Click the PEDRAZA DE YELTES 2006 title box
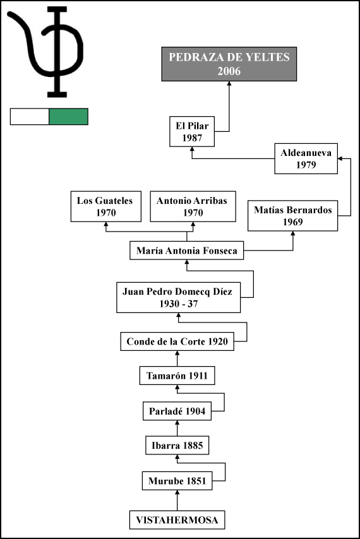click(x=229, y=64)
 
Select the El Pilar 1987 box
click(x=192, y=132)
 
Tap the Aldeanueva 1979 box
click(x=306, y=158)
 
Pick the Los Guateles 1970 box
click(x=106, y=206)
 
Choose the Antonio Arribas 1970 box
click(x=193, y=206)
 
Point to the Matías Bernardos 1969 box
click(x=292, y=215)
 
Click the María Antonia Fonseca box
click(x=187, y=250)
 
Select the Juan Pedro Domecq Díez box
click(x=179, y=297)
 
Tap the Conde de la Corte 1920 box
click(x=177, y=341)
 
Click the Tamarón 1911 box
click(x=177, y=376)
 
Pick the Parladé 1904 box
click(x=177, y=411)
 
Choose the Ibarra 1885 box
click(x=177, y=445)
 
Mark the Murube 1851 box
click(x=177, y=480)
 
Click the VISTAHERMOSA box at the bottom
click(x=177, y=520)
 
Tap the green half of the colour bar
click(x=68, y=117)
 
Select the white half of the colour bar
click(x=30, y=117)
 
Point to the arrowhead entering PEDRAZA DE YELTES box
click(x=229, y=83)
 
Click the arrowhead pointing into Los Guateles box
click(x=106, y=224)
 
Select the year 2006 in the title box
click(x=229, y=71)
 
